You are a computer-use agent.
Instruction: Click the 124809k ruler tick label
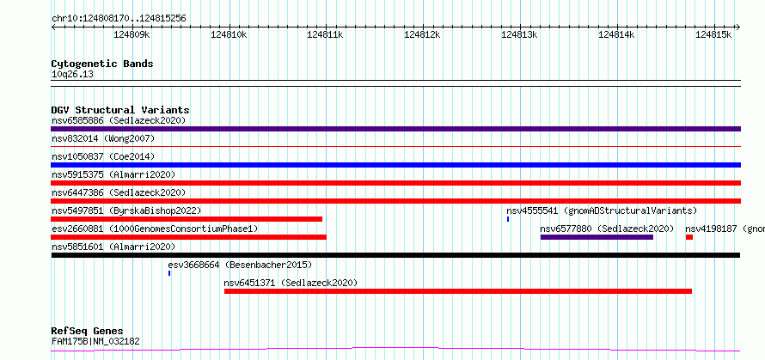132,35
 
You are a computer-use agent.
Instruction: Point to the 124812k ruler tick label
423,35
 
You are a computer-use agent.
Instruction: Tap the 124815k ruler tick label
713,35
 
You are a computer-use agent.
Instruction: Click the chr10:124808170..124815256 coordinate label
119,19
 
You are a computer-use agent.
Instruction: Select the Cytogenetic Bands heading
102,64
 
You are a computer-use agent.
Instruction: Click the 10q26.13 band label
72,75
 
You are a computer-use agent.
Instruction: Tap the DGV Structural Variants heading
120,110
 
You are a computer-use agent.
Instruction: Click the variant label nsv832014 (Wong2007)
103,138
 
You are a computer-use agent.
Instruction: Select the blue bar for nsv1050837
395,165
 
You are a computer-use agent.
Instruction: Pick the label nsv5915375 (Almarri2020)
113,174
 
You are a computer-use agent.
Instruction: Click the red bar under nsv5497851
187,219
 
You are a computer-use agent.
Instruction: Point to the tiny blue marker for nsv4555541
508,219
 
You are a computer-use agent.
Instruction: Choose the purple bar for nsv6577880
597,237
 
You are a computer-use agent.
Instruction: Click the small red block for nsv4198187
688,237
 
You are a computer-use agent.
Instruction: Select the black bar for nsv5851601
395,255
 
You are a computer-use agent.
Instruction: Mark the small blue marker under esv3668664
169,273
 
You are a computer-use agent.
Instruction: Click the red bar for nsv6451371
457,291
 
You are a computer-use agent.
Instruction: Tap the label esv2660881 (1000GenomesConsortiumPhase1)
155,229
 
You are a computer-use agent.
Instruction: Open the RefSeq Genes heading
88,332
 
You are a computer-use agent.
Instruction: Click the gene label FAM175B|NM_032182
95,341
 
